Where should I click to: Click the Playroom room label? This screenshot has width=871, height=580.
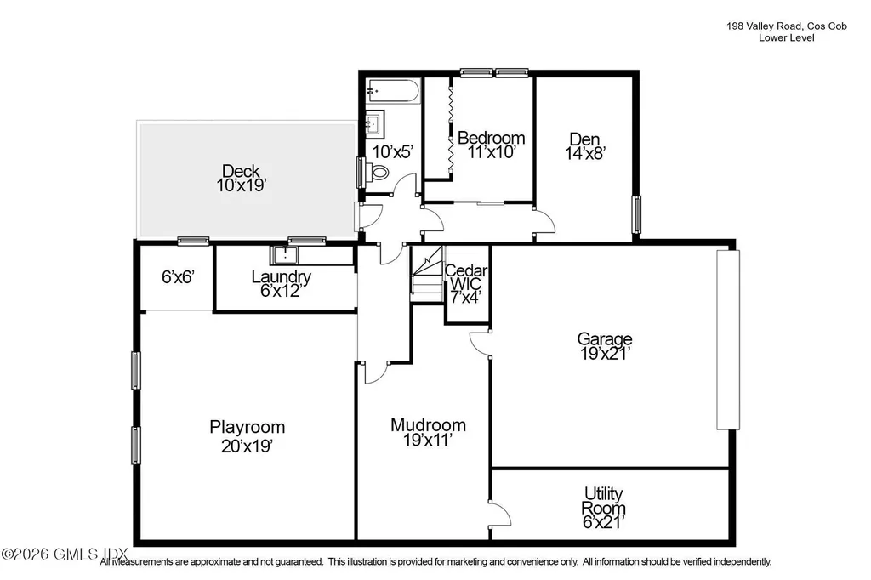click(247, 427)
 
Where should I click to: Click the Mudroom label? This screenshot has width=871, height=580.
click(428, 425)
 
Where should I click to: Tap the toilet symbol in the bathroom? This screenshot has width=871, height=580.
click(379, 173)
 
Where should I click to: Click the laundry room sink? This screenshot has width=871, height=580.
click(282, 254)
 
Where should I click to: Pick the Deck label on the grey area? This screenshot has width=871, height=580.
click(241, 170)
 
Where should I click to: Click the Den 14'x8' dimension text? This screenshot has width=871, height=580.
click(584, 153)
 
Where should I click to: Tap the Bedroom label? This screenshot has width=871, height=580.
click(491, 138)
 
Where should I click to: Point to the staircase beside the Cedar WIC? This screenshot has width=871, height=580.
click(428, 273)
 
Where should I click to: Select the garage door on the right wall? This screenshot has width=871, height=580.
click(724, 340)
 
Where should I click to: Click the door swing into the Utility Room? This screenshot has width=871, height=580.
click(502, 513)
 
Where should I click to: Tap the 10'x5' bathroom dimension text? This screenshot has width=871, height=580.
click(393, 151)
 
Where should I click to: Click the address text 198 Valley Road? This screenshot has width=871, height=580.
click(762, 26)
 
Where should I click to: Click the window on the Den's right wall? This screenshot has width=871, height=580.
click(635, 213)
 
